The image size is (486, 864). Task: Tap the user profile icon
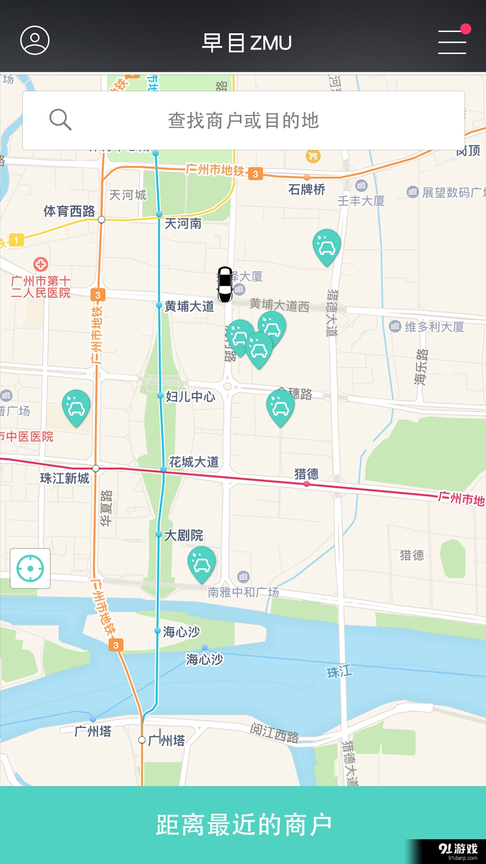[x=35, y=40]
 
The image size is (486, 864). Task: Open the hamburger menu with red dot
[x=452, y=41]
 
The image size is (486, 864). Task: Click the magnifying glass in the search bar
[x=60, y=120]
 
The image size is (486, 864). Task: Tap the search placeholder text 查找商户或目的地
[x=243, y=121]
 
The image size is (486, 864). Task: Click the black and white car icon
[x=225, y=284]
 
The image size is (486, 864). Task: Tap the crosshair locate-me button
[x=30, y=568]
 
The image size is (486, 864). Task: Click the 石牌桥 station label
[x=307, y=189]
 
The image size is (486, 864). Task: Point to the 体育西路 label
[x=69, y=211]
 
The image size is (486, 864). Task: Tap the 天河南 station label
[x=183, y=223]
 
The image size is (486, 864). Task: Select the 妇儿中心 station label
[x=190, y=396]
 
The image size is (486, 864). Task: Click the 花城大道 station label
[x=194, y=462]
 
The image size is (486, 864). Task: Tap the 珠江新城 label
[x=65, y=478]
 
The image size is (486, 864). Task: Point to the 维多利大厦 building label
[x=434, y=327]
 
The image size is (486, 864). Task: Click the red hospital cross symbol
[x=40, y=264]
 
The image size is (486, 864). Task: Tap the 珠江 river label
[x=339, y=672]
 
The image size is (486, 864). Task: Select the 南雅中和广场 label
[x=243, y=592]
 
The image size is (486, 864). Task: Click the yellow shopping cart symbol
[x=313, y=156]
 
